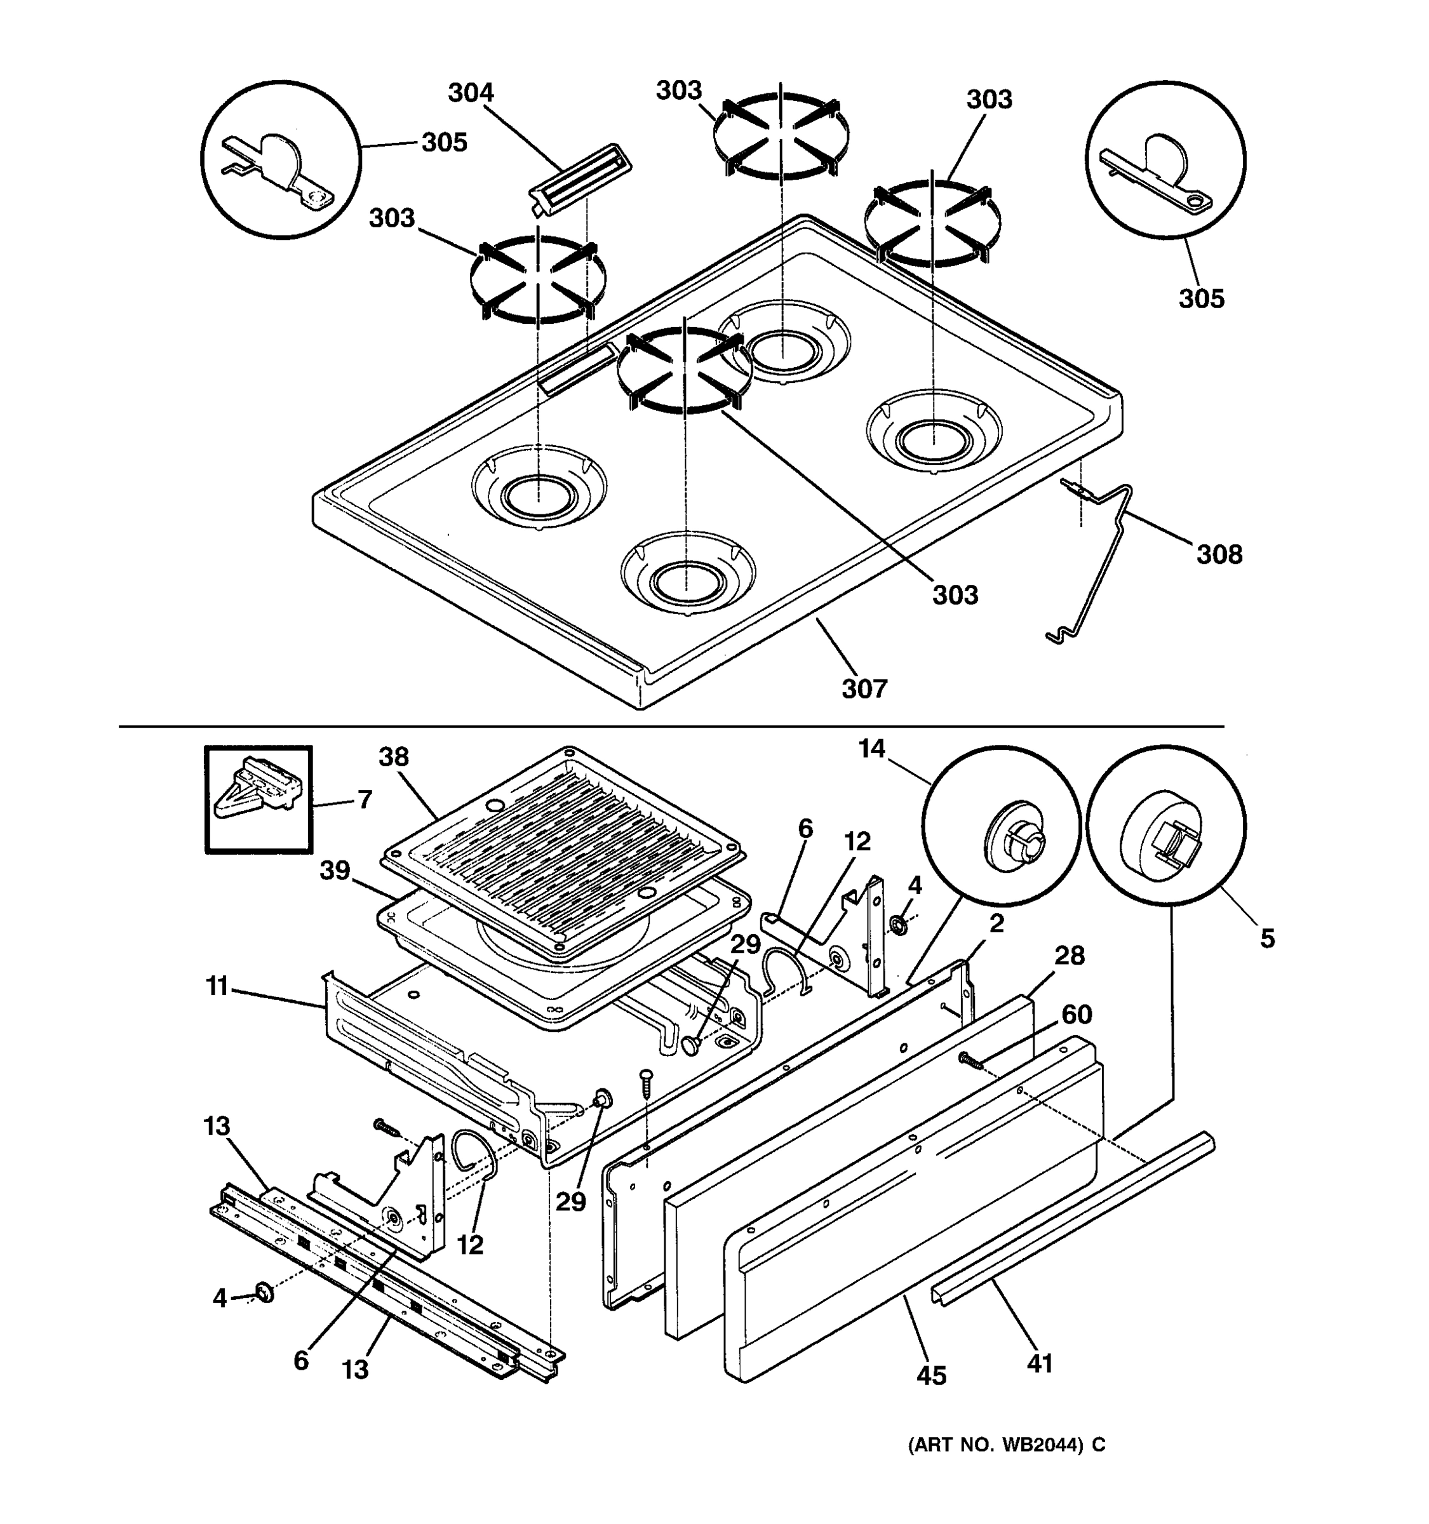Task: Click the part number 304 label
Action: tap(470, 93)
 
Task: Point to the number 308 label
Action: tap(1219, 554)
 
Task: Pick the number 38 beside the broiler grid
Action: tap(394, 758)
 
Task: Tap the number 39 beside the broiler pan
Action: tap(334, 871)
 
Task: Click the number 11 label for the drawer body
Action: tap(217, 986)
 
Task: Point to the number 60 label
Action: tap(1077, 1015)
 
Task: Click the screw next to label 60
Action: tap(970, 1060)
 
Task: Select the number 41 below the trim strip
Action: tap(1040, 1364)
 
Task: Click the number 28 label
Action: tap(1070, 955)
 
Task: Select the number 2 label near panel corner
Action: tap(996, 925)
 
